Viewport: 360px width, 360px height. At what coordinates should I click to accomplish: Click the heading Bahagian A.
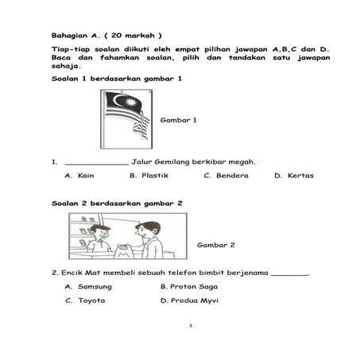75,36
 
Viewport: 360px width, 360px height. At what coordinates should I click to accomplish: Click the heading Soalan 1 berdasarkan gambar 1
117,79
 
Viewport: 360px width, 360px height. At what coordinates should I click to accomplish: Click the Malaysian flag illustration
126,118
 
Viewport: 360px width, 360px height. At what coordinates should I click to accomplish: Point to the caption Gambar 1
178,120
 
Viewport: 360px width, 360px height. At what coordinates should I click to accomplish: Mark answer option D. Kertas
294,176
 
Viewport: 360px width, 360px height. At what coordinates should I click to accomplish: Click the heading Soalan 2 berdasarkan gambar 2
117,203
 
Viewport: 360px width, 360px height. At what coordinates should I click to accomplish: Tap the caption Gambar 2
215,246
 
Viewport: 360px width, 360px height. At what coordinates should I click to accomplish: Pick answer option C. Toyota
85,300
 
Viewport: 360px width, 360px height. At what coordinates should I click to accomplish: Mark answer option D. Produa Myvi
189,300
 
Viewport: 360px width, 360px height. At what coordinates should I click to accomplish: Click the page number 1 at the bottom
191,326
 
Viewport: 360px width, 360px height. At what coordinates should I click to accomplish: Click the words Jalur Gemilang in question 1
163,162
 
